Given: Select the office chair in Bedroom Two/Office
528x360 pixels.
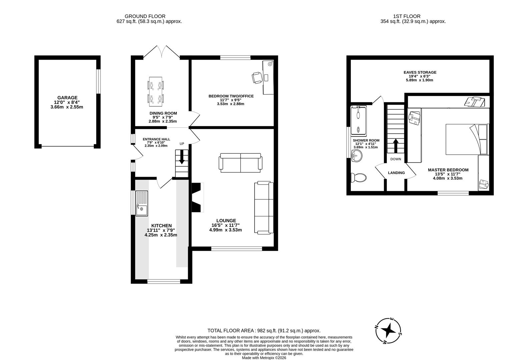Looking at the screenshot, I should (256, 78).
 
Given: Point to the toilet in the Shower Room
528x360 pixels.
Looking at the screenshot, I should (358, 177).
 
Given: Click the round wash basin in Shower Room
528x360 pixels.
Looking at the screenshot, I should (357, 155).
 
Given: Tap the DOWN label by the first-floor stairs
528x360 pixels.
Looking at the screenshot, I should (396, 159).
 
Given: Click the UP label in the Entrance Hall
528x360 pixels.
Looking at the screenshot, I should (182, 144).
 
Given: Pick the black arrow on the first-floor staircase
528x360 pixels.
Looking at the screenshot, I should (396, 145).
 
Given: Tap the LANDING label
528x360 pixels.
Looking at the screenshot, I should (396, 173).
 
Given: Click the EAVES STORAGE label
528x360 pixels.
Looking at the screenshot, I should (420, 72).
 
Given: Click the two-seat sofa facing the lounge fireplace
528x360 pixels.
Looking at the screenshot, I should (240, 163).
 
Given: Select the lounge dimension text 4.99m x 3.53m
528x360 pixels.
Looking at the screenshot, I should (225, 230).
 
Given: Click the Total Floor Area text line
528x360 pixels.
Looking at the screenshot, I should (264, 331).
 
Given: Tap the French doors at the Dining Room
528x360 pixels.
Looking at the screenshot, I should (161, 52).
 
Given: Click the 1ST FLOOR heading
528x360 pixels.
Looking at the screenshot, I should (406, 16).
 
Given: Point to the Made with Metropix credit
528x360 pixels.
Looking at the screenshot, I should (264, 358).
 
